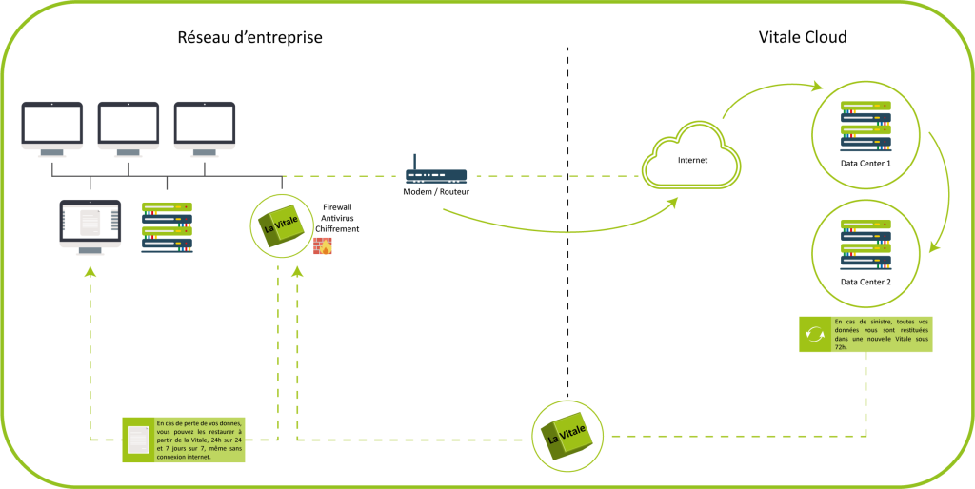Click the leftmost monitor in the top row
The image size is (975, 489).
tap(52, 127)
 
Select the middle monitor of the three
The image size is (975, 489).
tap(128, 127)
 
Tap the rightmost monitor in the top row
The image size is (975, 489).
tap(204, 127)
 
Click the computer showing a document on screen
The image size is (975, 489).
tap(90, 225)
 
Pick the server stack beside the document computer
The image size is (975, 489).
tap(167, 225)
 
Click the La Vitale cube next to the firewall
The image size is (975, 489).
tap(281, 226)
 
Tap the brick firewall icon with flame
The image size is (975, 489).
tap(323, 245)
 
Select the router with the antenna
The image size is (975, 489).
tap(436, 174)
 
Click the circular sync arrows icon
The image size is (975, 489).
tap(814, 334)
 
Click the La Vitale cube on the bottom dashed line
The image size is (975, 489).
tap(567, 437)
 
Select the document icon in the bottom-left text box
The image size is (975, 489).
tap(138, 440)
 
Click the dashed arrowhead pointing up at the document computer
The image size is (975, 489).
tap(90, 272)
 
